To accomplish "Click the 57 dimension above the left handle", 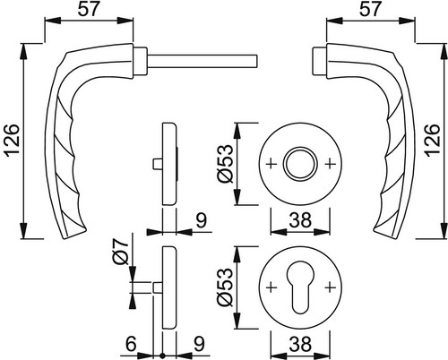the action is (89, 9).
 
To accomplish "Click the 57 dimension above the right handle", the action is (370, 9).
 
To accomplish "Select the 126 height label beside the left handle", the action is (12, 140).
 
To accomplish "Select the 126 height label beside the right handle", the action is (433, 140).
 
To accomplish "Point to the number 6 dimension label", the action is (131, 344).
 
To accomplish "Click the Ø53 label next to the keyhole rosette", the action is (226, 287).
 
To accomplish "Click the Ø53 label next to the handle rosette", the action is (226, 164).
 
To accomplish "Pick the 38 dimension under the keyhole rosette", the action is (300, 344).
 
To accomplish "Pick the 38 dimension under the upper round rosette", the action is (300, 220).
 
